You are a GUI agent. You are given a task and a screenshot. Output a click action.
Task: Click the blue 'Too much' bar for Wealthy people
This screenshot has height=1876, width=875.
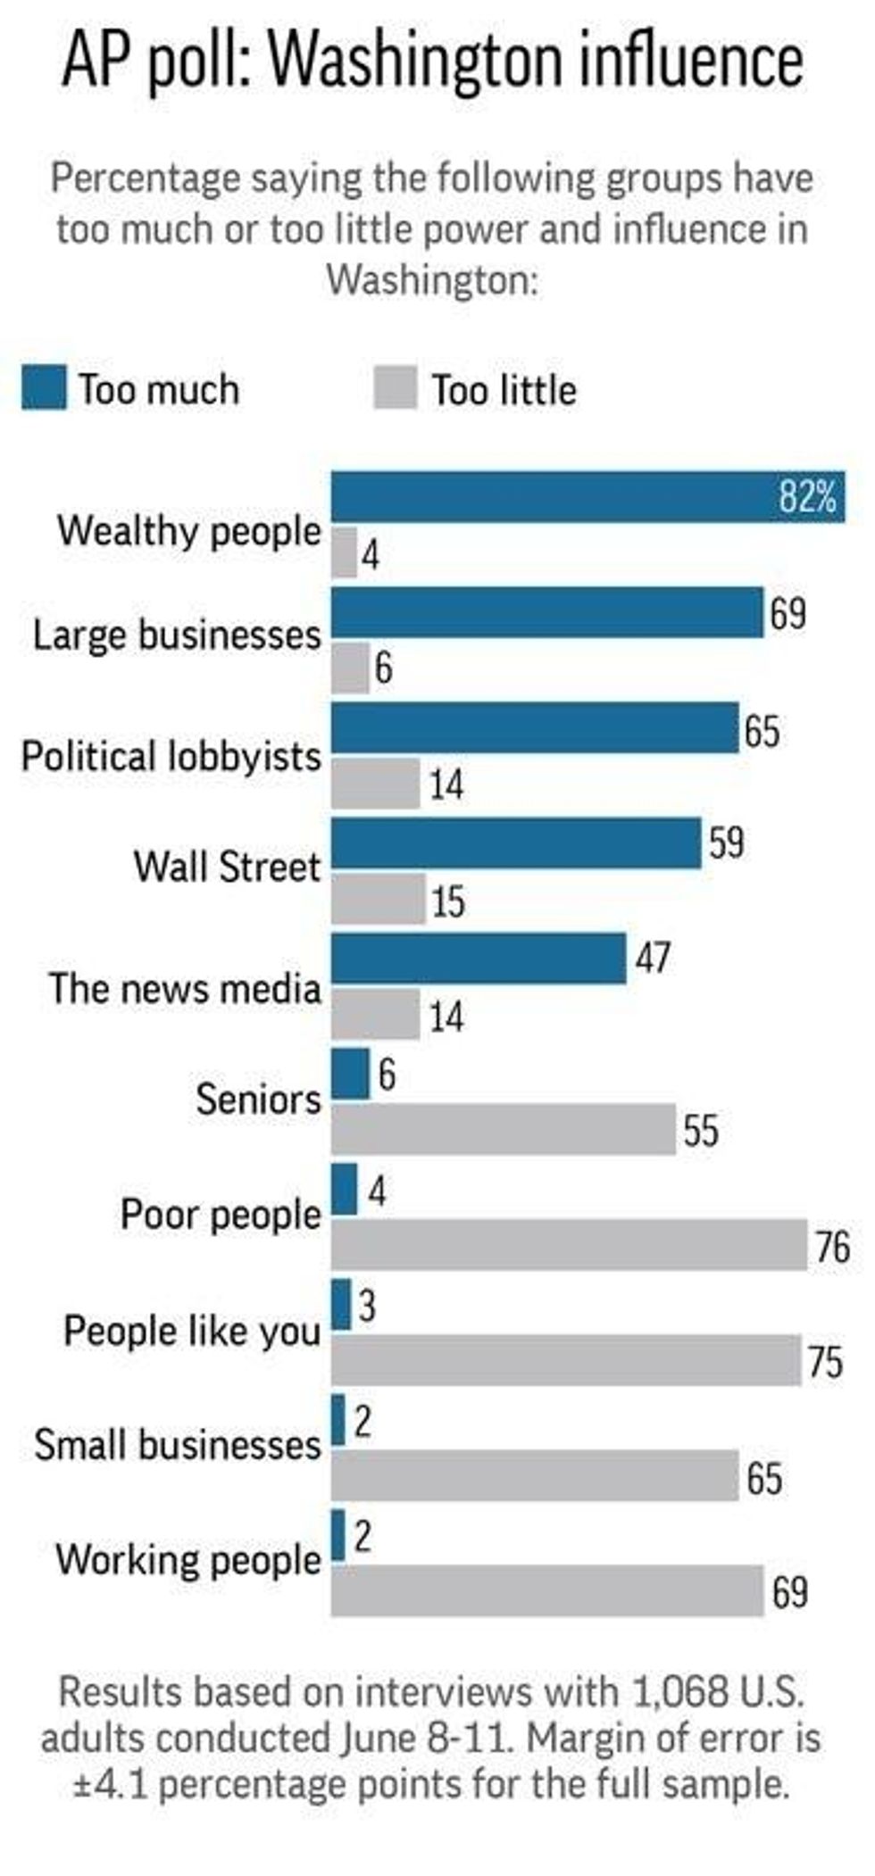[554, 497]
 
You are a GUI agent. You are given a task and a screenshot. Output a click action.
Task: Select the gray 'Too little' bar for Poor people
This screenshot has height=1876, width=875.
[569, 1245]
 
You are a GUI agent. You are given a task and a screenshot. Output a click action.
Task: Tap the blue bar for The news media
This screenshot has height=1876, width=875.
[479, 959]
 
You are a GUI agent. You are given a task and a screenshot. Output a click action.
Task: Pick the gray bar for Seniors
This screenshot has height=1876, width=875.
[504, 1129]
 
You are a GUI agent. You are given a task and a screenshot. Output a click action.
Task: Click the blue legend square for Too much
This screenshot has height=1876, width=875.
[43, 388]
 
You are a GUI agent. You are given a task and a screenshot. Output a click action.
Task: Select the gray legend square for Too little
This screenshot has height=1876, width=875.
[396, 388]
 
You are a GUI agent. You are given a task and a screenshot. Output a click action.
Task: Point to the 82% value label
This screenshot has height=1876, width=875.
[807, 496]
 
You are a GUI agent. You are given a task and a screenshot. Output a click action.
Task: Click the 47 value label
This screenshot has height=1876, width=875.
[653, 958]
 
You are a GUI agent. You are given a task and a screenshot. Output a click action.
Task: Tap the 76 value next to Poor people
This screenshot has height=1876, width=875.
[832, 1246]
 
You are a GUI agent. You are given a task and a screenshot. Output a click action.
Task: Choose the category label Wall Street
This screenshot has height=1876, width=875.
[227, 867]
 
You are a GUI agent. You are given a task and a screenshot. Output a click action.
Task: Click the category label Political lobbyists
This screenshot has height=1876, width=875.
[171, 756]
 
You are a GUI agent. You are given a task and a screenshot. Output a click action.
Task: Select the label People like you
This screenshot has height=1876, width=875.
[192, 1331]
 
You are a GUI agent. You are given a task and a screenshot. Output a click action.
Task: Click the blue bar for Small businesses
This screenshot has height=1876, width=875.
[338, 1419]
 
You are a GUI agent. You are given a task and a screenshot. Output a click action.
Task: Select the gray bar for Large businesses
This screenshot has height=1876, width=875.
[350, 668]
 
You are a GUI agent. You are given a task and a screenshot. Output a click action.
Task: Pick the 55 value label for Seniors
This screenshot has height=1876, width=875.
[701, 1130]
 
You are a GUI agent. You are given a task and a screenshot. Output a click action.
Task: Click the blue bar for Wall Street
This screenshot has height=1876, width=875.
[516, 844]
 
